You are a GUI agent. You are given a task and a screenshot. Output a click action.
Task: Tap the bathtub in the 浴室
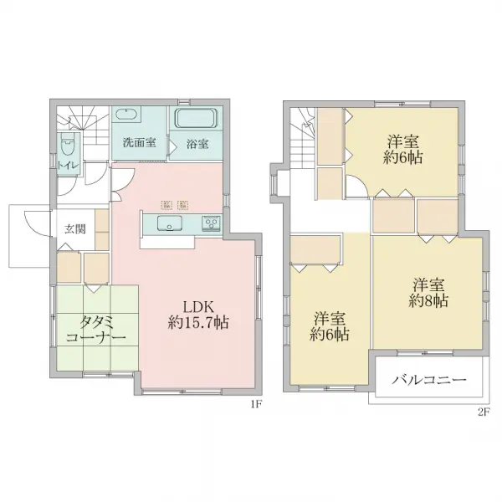196,118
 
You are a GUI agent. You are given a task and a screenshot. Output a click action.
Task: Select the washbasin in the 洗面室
127,115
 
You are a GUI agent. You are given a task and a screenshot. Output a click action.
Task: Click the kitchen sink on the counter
170,223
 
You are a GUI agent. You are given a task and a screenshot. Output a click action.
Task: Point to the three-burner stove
211,222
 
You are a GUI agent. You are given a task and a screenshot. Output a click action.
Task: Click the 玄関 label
75,229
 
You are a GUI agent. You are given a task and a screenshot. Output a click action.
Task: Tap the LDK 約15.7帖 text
198,315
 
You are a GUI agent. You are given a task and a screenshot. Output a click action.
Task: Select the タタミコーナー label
95,330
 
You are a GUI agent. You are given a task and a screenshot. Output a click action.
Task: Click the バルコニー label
429,380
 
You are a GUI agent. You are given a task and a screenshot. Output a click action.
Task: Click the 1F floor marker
257,405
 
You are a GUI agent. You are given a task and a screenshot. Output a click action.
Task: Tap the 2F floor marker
484,412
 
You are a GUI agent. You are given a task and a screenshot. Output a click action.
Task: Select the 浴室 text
197,144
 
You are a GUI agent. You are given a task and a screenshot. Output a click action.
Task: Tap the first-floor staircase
83,126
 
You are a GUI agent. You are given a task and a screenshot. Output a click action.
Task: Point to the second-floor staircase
303,137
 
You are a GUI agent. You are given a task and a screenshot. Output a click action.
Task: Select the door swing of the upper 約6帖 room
356,187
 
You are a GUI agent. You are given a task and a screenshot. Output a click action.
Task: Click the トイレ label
68,165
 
